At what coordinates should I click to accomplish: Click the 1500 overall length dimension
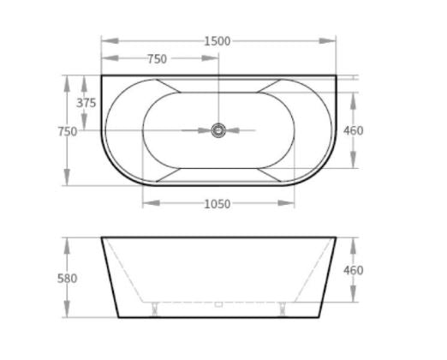coord(218,42)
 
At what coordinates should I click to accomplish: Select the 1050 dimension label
coord(218,204)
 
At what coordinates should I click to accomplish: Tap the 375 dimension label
coord(86,103)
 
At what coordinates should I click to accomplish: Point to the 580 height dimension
coord(68,279)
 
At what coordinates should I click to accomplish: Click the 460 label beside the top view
coord(354,131)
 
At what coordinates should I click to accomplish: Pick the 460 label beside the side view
coord(354,270)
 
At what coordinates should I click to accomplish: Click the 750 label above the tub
coord(157,59)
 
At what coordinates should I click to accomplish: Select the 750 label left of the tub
coord(68,132)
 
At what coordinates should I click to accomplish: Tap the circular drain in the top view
coord(218,130)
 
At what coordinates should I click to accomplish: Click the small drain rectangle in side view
coord(218,304)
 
